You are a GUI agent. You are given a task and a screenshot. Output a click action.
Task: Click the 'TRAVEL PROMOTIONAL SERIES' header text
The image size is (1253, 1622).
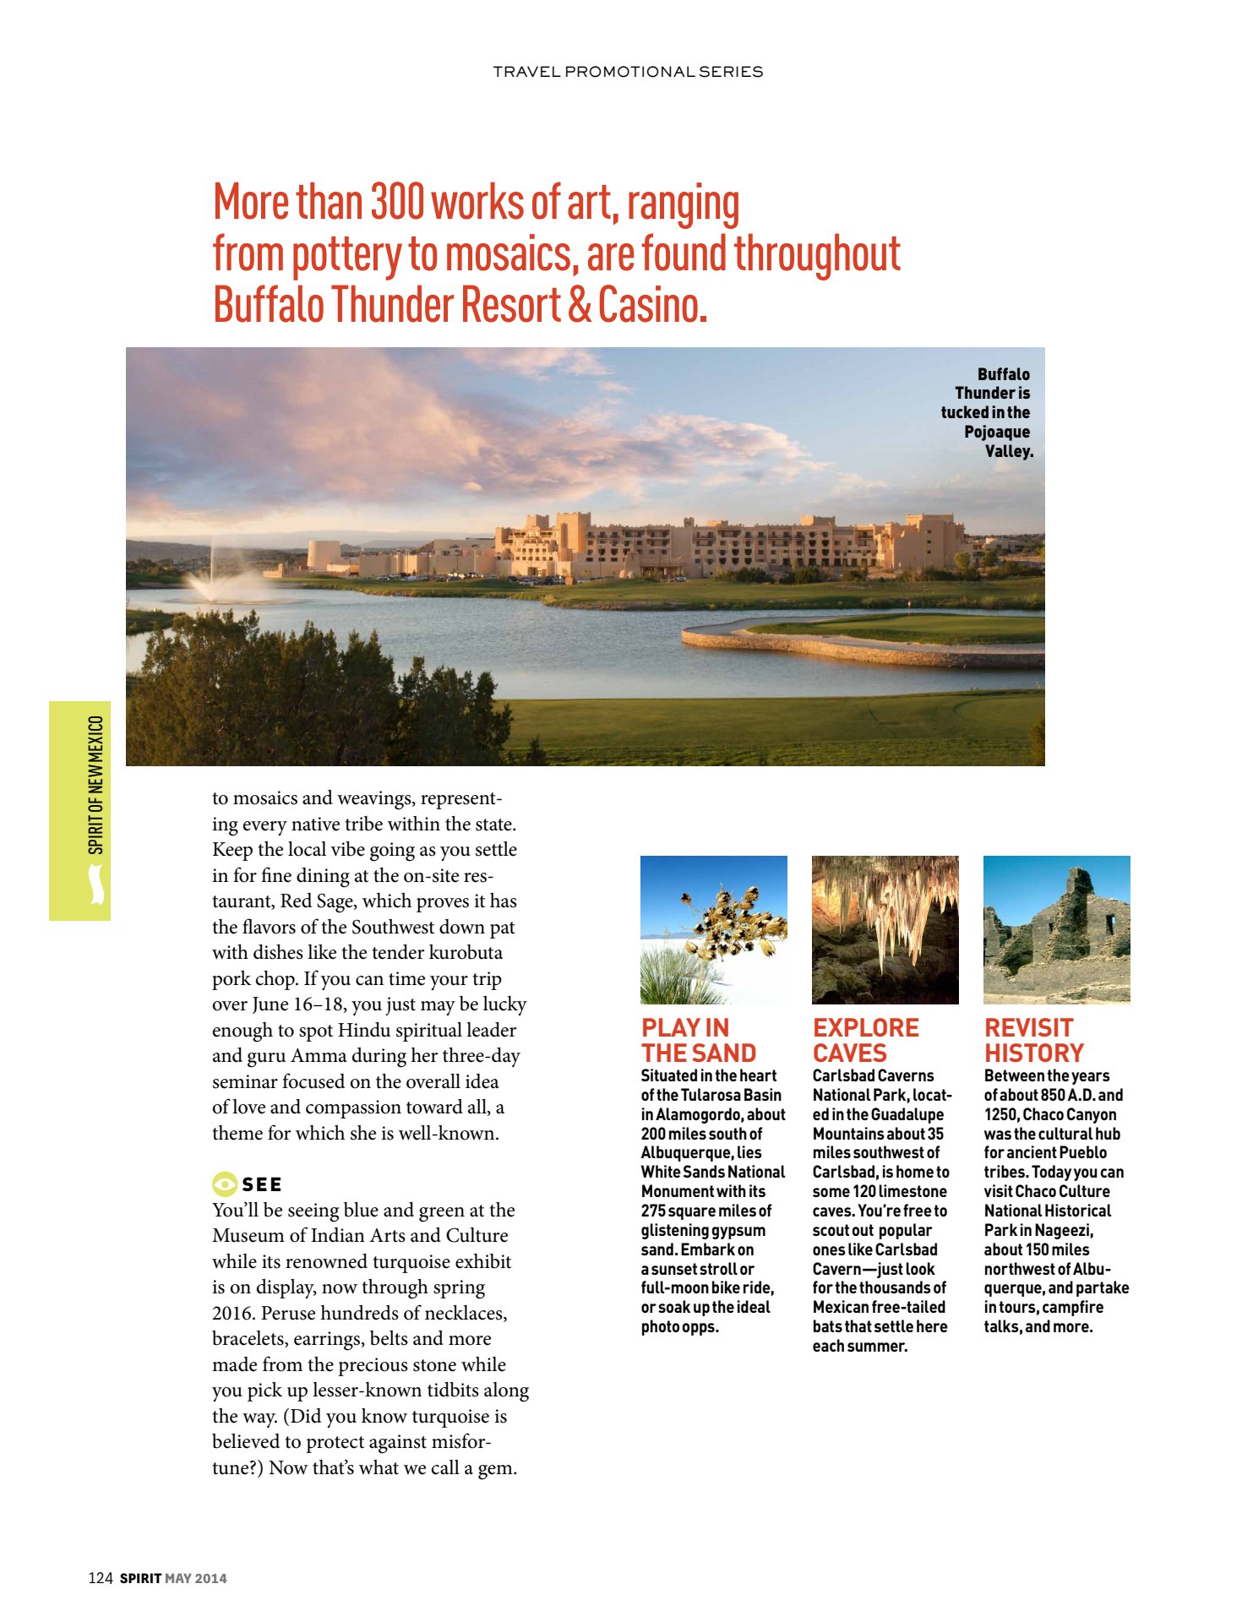click(x=628, y=72)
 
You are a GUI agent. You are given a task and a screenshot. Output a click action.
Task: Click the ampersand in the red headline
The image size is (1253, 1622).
click(x=580, y=305)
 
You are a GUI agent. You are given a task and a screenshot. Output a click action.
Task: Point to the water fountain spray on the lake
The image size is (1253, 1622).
click(x=213, y=575)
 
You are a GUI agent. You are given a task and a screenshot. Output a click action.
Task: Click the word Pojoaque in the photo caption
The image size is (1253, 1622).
click(x=997, y=432)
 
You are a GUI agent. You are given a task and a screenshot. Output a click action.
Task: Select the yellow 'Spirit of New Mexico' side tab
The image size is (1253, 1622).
click(x=80, y=810)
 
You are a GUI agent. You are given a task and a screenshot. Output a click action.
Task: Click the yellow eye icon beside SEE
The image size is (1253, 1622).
click(x=224, y=1184)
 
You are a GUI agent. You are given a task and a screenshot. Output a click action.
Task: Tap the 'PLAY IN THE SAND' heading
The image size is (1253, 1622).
click(x=698, y=1040)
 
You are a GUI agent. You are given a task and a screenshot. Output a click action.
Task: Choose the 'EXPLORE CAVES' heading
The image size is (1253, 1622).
click(x=865, y=1040)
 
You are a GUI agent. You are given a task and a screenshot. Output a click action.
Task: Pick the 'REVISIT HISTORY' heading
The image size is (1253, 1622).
click(x=1033, y=1040)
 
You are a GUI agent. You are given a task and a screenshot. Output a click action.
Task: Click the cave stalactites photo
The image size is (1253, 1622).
click(x=885, y=929)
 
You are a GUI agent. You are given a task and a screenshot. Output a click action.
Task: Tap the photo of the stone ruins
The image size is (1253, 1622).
click(x=1056, y=929)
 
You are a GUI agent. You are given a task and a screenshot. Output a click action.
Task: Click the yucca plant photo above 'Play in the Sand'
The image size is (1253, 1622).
click(x=713, y=929)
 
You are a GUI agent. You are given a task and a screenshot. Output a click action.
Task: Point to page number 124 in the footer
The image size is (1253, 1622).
click(x=100, y=1578)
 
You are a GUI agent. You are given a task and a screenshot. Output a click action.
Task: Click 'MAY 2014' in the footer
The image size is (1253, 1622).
click(x=196, y=1578)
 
